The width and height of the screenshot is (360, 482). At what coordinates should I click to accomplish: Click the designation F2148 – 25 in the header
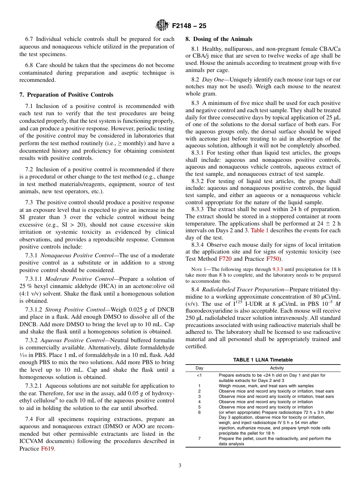(189, 26)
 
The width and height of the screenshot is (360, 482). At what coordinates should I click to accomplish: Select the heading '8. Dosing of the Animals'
(219, 39)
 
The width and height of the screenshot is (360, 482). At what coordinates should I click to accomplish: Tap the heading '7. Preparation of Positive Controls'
(66, 94)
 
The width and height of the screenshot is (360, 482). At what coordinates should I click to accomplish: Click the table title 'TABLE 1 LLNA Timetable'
(263, 360)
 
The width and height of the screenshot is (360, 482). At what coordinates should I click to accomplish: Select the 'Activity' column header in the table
(277, 368)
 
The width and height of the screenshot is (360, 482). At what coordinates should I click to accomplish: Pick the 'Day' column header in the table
(199, 368)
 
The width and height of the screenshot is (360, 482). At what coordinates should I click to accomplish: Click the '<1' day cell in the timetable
(199, 375)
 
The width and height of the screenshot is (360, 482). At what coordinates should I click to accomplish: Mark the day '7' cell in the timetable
(199, 438)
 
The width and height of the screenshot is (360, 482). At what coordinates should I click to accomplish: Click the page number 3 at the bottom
(180, 466)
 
